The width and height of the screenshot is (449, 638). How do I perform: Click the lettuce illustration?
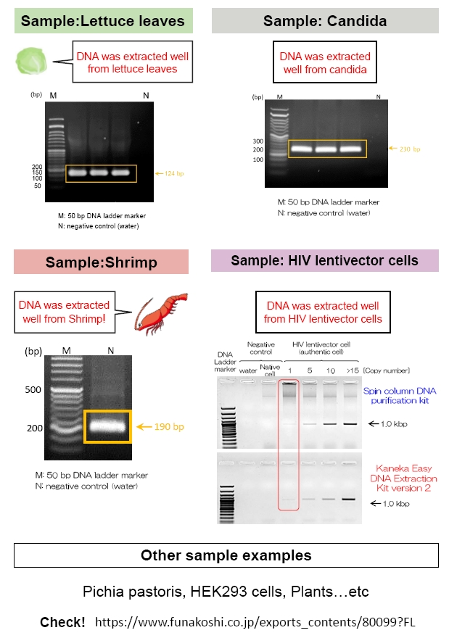(x=31, y=61)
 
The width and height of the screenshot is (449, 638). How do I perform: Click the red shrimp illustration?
(x=162, y=313)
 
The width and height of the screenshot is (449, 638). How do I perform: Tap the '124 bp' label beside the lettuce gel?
(x=174, y=173)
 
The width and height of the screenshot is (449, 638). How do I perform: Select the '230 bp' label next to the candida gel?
(x=410, y=149)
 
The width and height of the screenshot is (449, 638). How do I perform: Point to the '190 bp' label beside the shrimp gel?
(x=169, y=426)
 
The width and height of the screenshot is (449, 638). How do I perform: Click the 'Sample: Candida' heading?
(x=325, y=21)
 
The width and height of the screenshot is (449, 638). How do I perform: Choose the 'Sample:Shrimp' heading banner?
(x=102, y=262)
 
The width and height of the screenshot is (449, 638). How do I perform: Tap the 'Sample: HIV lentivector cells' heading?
(x=324, y=260)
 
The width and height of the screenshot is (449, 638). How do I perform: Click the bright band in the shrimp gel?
(x=107, y=426)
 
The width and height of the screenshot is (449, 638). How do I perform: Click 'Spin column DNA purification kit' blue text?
(x=400, y=396)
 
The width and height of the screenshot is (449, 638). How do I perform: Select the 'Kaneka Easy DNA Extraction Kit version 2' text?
(x=403, y=478)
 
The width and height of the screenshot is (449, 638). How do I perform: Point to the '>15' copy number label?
(x=353, y=370)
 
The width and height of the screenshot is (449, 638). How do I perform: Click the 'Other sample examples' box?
(x=226, y=555)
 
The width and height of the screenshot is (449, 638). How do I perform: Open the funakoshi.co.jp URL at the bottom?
(x=255, y=622)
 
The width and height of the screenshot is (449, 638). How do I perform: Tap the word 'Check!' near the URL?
(x=62, y=622)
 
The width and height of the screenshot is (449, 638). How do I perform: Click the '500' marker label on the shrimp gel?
(x=33, y=389)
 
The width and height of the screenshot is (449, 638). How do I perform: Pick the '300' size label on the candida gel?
(x=258, y=141)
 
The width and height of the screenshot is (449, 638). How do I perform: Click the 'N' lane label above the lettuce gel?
(x=146, y=95)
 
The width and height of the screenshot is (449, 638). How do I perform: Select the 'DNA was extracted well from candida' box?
(x=325, y=62)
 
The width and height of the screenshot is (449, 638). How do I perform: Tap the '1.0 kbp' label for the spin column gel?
(x=394, y=423)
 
